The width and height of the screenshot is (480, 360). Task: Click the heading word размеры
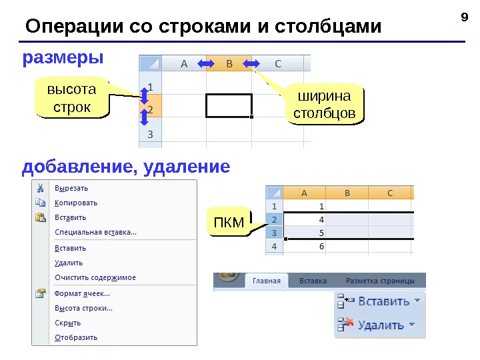[x=63, y=59]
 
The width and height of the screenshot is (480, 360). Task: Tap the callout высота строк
[x=71, y=98]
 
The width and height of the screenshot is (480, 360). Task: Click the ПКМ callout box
[x=229, y=221]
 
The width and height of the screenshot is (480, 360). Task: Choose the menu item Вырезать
[x=71, y=188]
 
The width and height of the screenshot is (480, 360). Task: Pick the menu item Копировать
[x=76, y=203]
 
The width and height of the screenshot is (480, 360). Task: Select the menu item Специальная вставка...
[x=95, y=232]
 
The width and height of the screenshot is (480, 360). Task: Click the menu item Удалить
[x=69, y=263]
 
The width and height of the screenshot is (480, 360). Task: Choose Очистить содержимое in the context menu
[x=95, y=277]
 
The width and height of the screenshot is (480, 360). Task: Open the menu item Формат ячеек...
[x=82, y=293]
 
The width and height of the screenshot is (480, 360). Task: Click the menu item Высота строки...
[x=83, y=308]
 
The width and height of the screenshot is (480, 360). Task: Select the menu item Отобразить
[x=76, y=337]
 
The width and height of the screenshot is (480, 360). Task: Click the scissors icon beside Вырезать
[x=41, y=188]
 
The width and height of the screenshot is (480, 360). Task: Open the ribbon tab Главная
[x=266, y=281]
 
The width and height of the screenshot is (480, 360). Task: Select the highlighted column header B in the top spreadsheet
[x=229, y=64]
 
